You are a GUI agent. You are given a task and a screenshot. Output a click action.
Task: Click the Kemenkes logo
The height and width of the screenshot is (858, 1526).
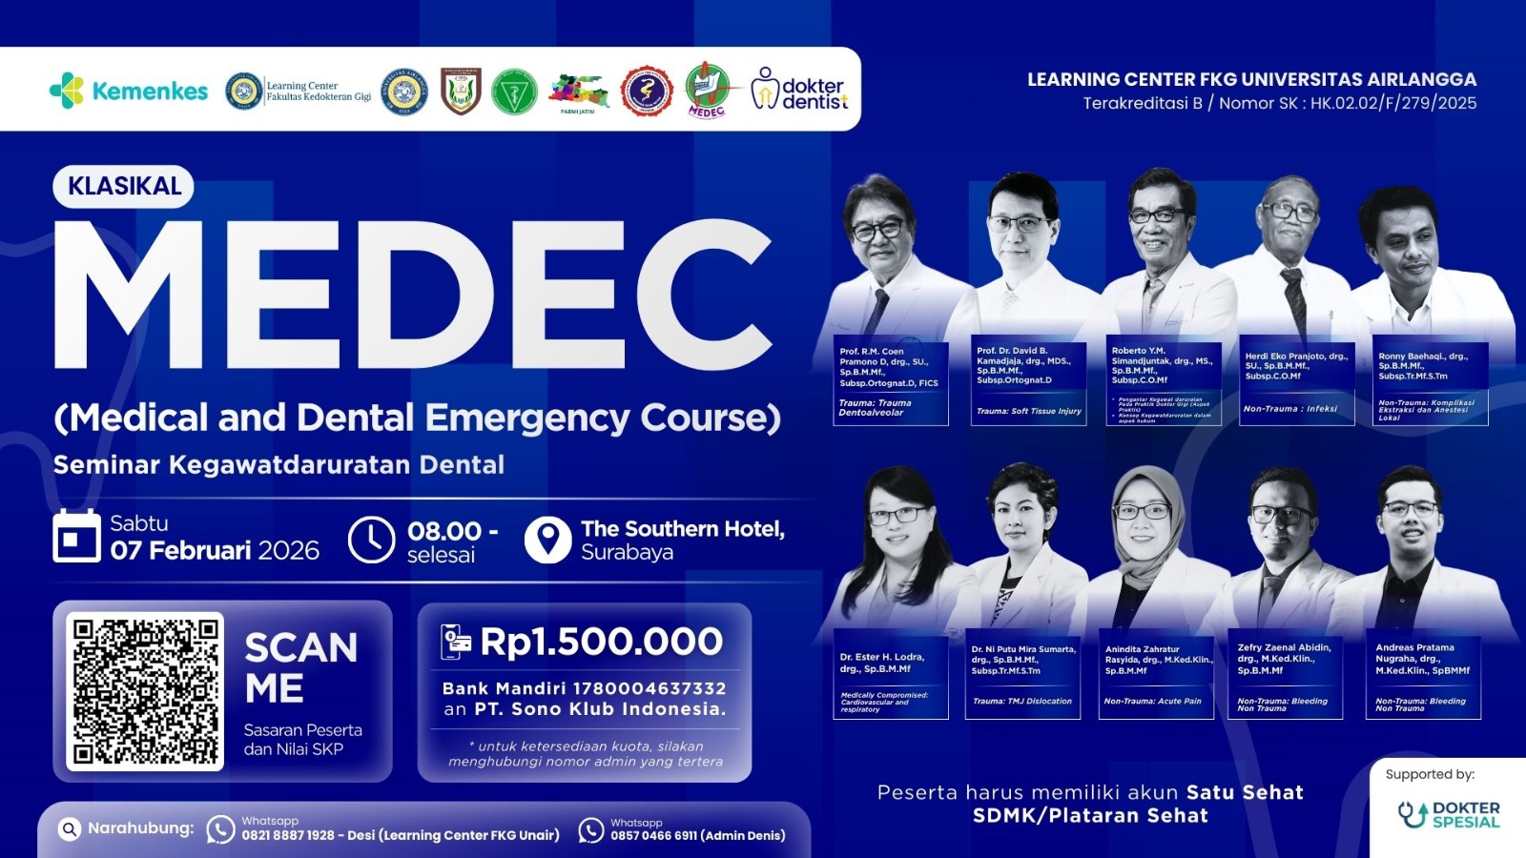pos(128,91)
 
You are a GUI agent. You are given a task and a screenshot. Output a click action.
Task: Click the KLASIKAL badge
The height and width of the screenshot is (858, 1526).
pos(124,186)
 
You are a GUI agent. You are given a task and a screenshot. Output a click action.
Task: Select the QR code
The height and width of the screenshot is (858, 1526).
pos(146,691)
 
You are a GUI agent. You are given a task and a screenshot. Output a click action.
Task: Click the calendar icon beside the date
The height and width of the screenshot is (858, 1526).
pos(76,536)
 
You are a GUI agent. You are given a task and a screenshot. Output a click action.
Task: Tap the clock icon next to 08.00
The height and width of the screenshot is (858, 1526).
pos(371,540)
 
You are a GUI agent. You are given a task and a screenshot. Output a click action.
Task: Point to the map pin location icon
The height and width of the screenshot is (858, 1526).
pos(547,540)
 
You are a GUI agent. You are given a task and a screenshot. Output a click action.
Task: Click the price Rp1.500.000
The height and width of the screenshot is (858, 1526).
pos(601,642)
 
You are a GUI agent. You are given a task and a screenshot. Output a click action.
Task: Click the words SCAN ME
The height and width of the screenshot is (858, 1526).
pos(300,667)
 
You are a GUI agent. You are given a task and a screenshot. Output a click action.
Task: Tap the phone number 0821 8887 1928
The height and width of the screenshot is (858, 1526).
pos(288,835)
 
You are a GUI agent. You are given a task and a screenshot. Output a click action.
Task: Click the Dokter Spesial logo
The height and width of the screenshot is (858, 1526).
pos(1449,814)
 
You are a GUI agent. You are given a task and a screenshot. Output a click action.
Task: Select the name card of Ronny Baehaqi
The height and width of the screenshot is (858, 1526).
pos(1430,383)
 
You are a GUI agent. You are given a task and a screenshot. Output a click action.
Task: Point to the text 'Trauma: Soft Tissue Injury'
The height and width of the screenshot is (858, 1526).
pos(1029,411)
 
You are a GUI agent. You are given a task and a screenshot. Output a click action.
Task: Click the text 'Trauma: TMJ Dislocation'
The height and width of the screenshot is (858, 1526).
pos(1022,701)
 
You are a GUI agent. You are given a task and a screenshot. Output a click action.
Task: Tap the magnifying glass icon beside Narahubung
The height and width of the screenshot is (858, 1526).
pos(69,829)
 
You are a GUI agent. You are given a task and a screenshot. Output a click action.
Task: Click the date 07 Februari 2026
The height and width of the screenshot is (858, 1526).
pos(215,550)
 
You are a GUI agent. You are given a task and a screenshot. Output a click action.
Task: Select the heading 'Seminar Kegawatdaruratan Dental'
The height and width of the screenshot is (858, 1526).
pos(278,464)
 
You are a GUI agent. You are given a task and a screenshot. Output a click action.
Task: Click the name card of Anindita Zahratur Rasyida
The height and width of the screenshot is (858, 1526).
pos(1157,677)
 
